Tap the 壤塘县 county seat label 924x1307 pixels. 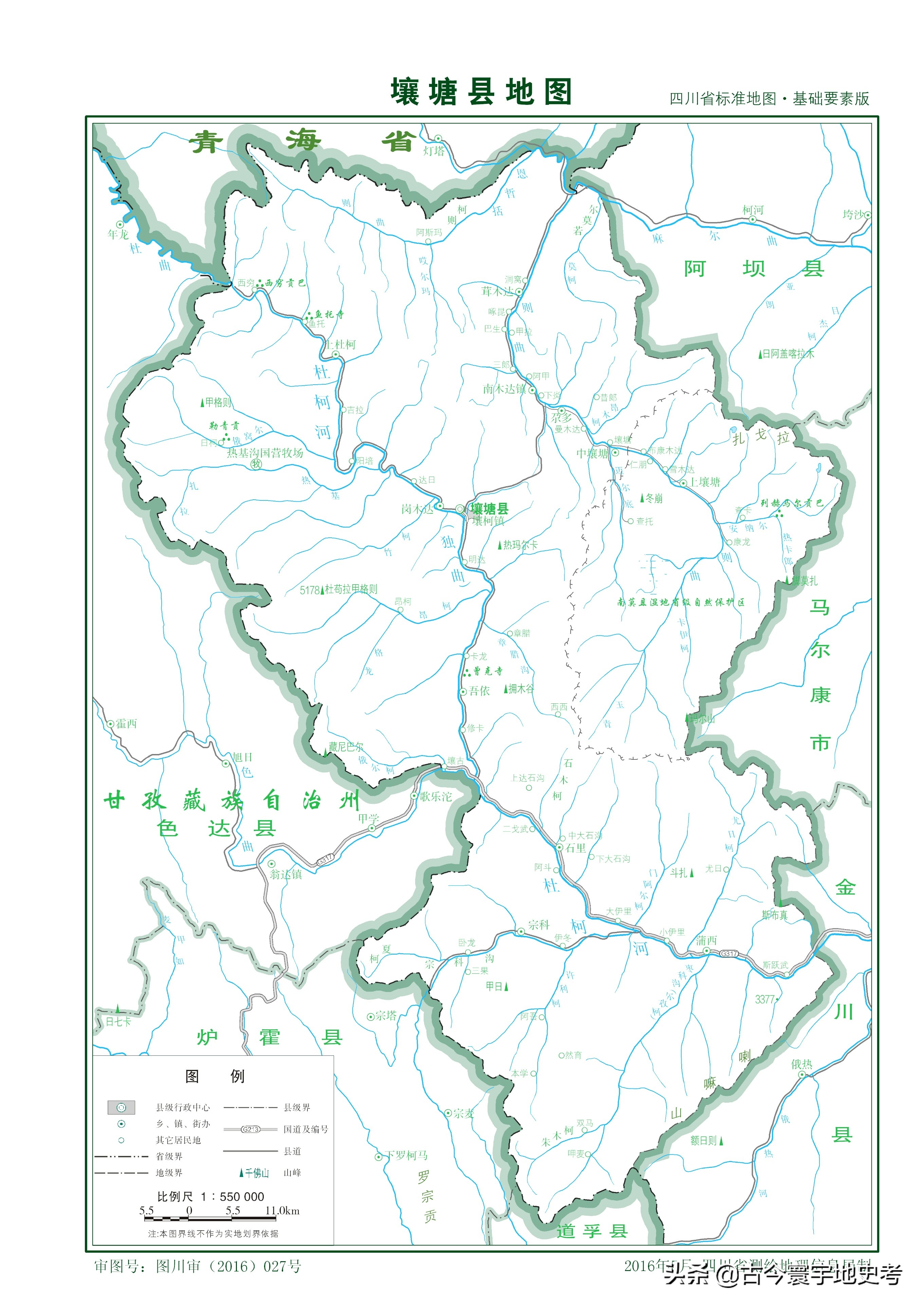(x=489, y=508)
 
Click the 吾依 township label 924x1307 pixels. (x=479, y=691)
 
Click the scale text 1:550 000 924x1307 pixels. (x=211, y=1197)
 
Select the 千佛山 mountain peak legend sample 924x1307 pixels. (x=255, y=1173)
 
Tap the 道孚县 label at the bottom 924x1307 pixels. (x=592, y=1231)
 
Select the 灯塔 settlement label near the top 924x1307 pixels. (x=434, y=151)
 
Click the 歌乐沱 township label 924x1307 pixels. (x=436, y=796)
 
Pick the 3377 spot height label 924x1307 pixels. (x=764, y=999)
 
